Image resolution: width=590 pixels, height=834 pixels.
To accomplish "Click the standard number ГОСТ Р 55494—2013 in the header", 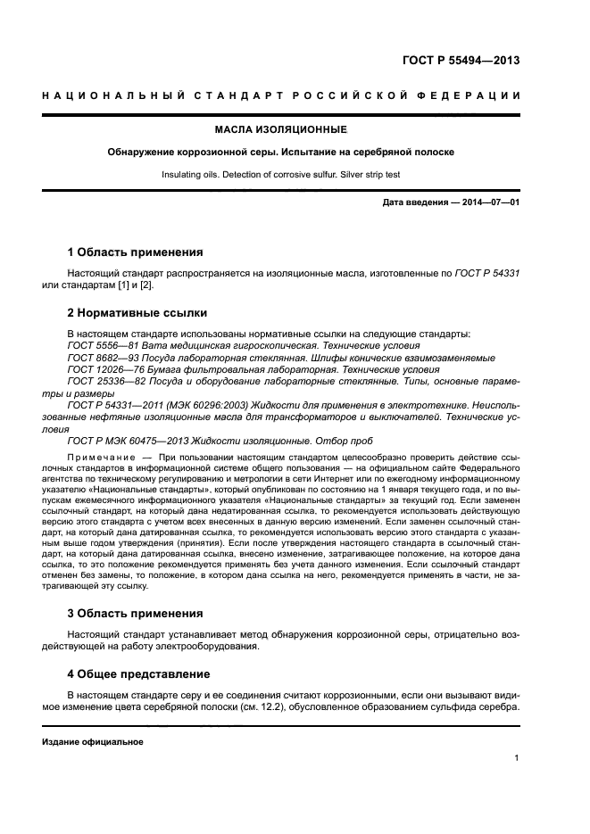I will (x=454, y=62).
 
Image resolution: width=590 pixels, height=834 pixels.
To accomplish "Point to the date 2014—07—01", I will (x=488, y=203).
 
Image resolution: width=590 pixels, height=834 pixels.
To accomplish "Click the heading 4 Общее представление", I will (x=138, y=673).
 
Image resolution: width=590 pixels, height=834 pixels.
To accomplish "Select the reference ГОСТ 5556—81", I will (x=100, y=345).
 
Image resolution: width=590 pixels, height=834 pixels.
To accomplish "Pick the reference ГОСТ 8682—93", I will (x=100, y=357).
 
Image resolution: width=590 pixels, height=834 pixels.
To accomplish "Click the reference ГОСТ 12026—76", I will (x=103, y=368).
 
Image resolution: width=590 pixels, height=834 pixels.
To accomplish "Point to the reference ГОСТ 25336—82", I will (x=103, y=381).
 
